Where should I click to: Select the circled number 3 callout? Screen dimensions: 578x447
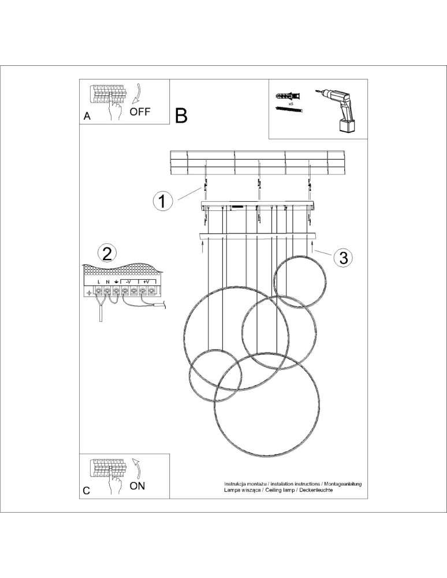(x=344, y=257)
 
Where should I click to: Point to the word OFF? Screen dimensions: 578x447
(x=140, y=112)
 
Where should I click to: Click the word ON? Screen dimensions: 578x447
(x=137, y=486)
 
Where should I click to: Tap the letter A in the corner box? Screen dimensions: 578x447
(x=87, y=116)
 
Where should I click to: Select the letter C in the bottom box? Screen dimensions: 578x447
(x=87, y=491)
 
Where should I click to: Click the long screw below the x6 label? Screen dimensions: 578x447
(x=289, y=109)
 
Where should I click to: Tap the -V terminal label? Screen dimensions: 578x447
(x=129, y=281)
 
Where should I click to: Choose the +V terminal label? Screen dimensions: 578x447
(x=147, y=281)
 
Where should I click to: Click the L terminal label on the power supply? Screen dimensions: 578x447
(x=99, y=281)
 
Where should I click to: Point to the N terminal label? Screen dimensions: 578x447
(x=107, y=281)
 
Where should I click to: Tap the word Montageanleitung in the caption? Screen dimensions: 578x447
(x=338, y=483)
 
